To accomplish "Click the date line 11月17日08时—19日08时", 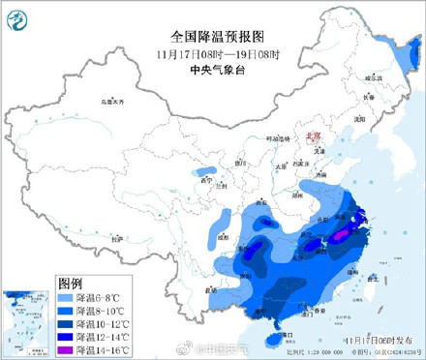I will [212, 52].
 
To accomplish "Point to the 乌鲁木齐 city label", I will [114, 102].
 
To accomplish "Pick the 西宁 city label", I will [204, 180].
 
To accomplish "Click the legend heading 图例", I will [70, 284].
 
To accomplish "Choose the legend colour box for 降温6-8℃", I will [70, 297].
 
